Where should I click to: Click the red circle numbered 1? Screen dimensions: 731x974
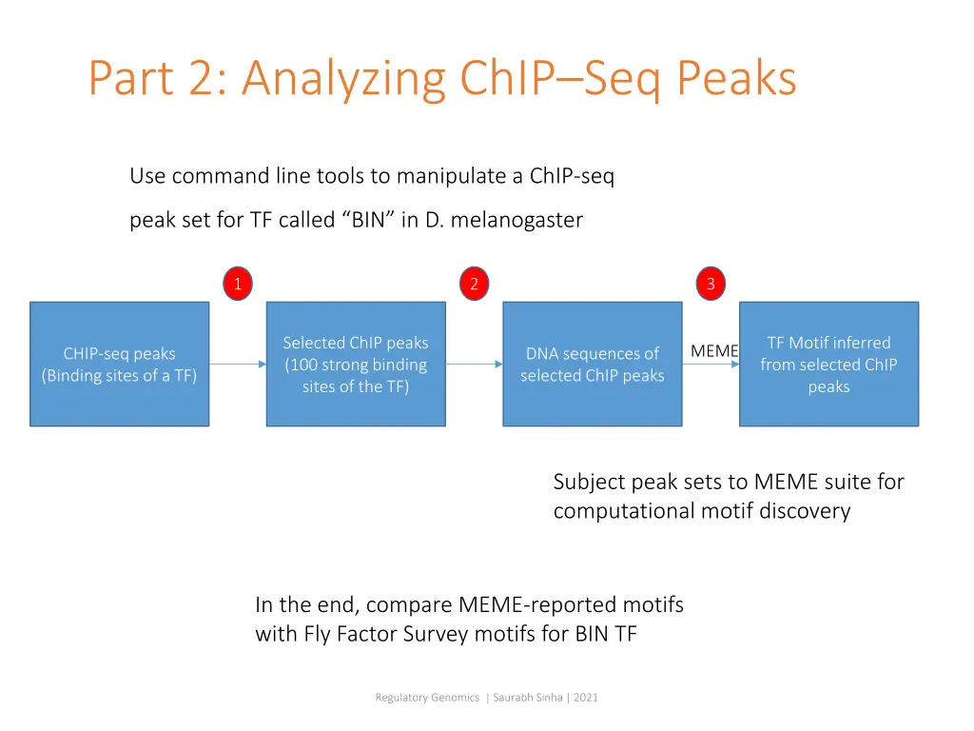pos(238,284)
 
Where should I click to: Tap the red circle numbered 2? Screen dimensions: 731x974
pos(474,284)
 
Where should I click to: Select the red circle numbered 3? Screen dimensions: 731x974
pos(710,284)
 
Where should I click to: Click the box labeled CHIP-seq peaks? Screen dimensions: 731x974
pos(119,364)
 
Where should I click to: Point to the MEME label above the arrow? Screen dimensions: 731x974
pos(714,351)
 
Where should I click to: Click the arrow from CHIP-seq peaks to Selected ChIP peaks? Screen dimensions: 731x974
pos(238,364)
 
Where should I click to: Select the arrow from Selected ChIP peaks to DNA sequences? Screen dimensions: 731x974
pos(474,364)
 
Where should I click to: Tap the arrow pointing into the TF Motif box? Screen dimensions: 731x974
pos(711,364)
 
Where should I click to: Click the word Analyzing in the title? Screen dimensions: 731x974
pos(343,79)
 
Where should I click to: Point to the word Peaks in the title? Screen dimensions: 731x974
pos(736,79)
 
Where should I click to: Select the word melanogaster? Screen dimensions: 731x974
pos(516,220)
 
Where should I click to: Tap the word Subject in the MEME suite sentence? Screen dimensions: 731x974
pos(589,482)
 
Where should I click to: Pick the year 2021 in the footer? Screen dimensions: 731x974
pos(585,698)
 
